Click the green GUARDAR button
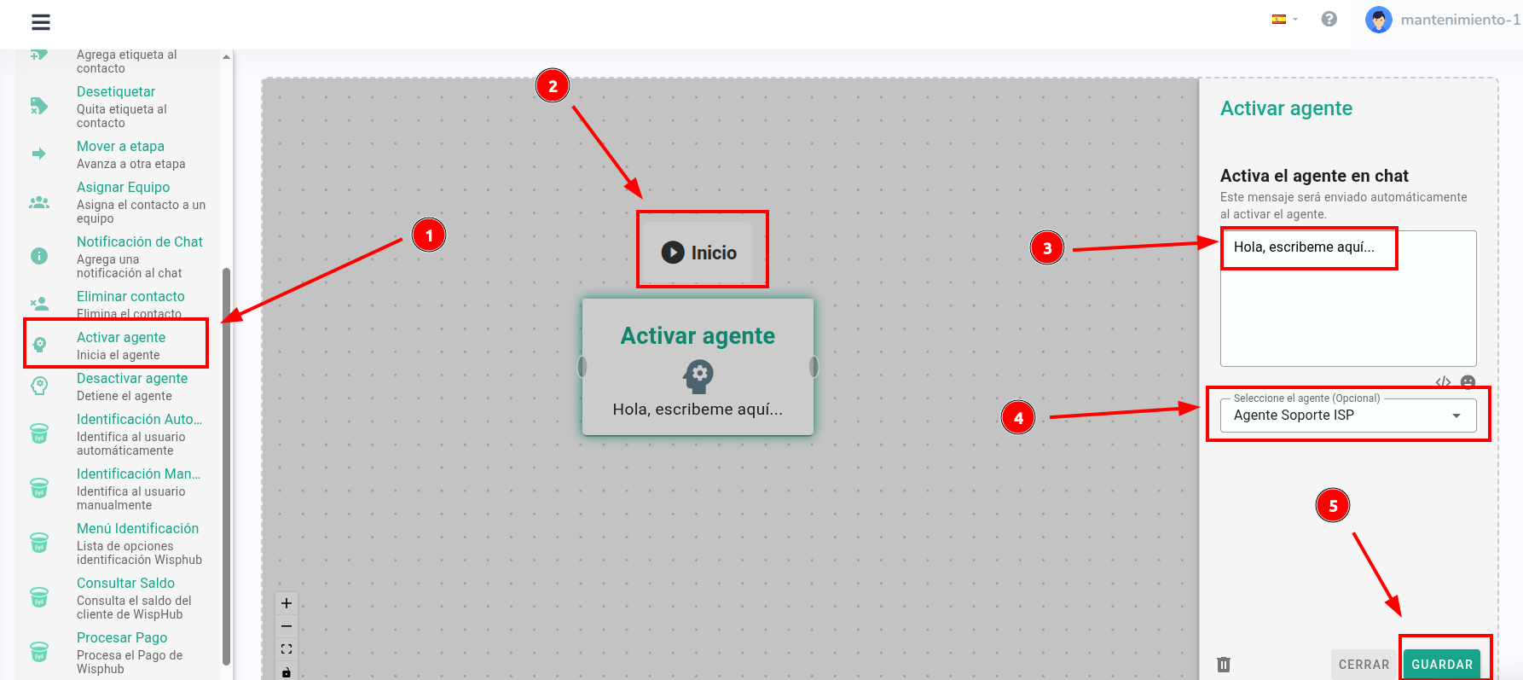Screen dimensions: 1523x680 point(1442,665)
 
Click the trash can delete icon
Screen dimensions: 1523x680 point(1224,664)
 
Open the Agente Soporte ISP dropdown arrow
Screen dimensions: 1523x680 point(1456,416)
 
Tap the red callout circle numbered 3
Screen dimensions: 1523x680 point(1047,248)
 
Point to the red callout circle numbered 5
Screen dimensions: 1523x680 point(1333,505)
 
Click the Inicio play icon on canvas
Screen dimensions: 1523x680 point(673,253)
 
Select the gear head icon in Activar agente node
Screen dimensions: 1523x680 point(698,375)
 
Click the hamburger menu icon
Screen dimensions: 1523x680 point(41,21)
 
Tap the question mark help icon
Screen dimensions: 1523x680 point(1329,19)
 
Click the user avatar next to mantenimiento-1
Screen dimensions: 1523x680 point(1378,20)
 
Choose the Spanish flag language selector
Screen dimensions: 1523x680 point(1283,19)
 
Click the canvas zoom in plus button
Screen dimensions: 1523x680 point(287,603)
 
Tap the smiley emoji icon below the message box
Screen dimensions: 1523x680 point(1468,381)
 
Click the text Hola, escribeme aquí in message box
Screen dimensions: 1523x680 point(1304,247)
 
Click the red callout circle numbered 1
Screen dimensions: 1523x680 point(429,235)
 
